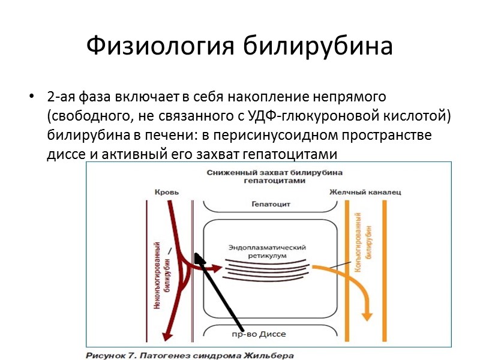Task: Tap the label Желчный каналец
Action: click(365, 192)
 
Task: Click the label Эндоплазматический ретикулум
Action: click(268, 251)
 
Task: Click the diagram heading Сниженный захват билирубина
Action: click(274, 172)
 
